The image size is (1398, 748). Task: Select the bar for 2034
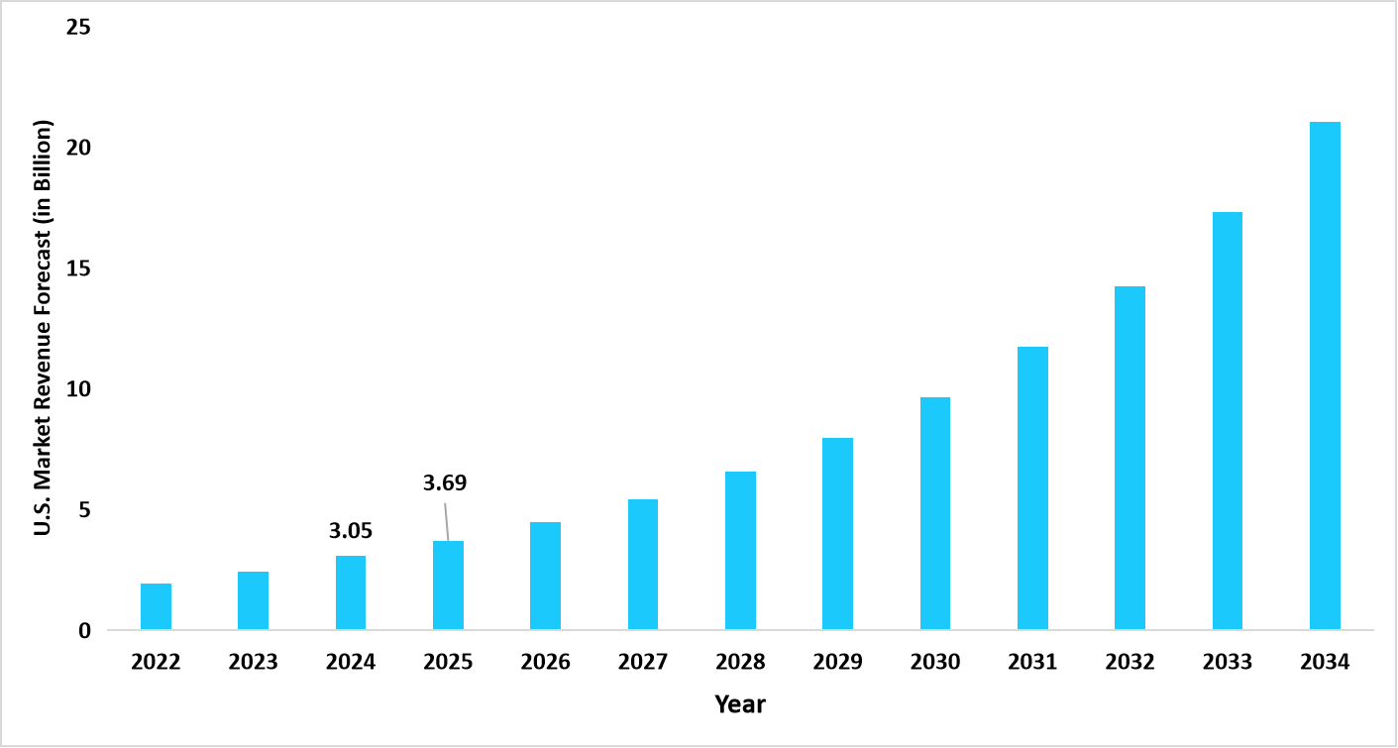pyautogui.click(x=1325, y=375)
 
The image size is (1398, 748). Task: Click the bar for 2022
pyautogui.click(x=156, y=606)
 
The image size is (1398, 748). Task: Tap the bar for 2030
pyautogui.click(x=935, y=513)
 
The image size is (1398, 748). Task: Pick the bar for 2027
pyautogui.click(x=643, y=565)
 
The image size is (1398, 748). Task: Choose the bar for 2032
pyautogui.click(x=1129, y=458)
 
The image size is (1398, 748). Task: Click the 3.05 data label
pyautogui.click(x=351, y=531)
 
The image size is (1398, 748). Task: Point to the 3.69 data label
pyautogui.click(x=445, y=483)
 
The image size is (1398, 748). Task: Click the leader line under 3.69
pyautogui.click(x=447, y=521)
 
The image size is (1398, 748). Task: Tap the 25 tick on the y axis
pyautogui.click(x=78, y=27)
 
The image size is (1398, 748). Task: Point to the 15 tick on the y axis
pyautogui.click(x=78, y=268)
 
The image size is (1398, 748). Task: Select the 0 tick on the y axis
pyautogui.click(x=84, y=630)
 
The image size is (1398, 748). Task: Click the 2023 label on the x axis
pyautogui.click(x=253, y=663)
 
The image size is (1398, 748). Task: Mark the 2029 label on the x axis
pyautogui.click(x=837, y=663)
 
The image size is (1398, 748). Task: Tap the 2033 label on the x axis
pyautogui.click(x=1227, y=663)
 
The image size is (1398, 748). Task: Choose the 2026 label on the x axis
pyautogui.click(x=545, y=663)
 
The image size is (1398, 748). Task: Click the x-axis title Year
pyautogui.click(x=740, y=704)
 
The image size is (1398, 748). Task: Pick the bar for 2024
pyautogui.click(x=351, y=592)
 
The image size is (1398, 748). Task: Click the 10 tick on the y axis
pyautogui.click(x=78, y=388)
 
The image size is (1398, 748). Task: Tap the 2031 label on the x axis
pyautogui.click(x=1032, y=663)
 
